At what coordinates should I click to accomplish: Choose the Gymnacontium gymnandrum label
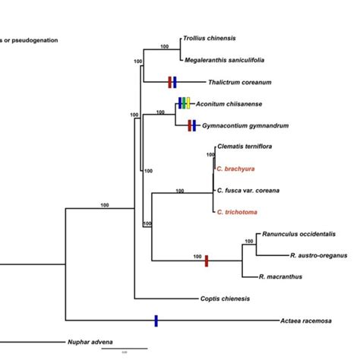(241, 125)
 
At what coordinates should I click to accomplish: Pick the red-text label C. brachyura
(235, 169)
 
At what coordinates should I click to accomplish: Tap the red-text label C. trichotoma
(237, 213)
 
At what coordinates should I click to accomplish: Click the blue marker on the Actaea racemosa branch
(156, 321)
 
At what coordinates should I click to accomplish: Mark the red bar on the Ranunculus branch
(206, 261)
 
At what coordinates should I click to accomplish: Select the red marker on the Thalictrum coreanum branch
(169, 81)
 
